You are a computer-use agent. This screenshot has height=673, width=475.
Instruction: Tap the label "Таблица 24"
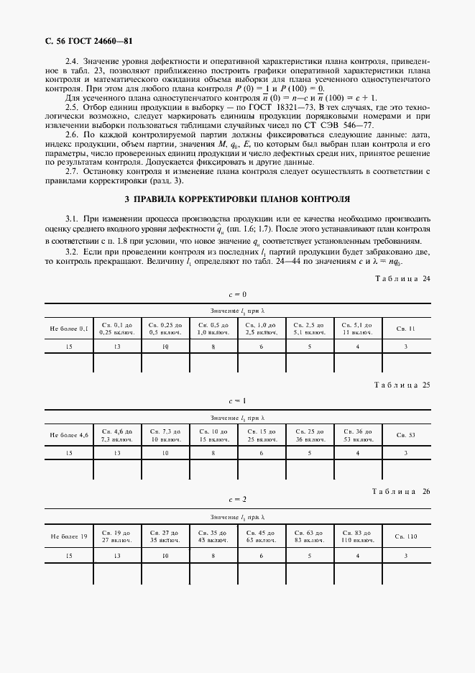tap(402, 278)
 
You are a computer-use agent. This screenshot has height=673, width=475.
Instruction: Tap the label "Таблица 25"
tap(402, 385)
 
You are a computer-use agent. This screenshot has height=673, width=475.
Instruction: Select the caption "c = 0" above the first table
tap(237, 295)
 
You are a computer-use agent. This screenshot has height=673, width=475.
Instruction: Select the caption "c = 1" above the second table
tap(237, 400)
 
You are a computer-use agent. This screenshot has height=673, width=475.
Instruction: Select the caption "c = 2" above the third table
tap(237, 499)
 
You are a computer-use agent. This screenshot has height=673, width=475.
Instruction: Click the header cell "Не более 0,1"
tap(69, 329)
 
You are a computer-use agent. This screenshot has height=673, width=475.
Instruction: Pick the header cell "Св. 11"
tap(406, 329)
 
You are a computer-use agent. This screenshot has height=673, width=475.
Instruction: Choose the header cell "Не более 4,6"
tap(69, 435)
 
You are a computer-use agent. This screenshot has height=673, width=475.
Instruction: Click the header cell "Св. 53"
tap(406, 435)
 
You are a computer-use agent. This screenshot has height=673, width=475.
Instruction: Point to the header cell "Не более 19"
tap(69, 536)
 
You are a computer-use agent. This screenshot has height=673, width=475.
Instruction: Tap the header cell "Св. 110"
tap(406, 536)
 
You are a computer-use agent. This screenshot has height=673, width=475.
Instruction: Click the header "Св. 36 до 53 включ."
tap(357, 435)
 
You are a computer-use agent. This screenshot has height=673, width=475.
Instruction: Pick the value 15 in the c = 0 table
tap(69, 347)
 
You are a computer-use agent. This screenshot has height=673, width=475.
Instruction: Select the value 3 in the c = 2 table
tap(406, 556)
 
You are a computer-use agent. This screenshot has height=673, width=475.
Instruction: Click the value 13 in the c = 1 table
tap(116, 453)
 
